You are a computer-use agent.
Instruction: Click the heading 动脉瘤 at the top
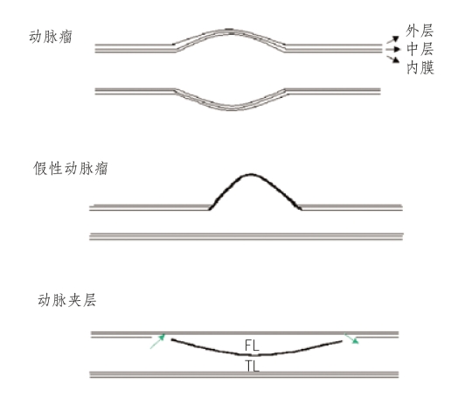click(x=51, y=37)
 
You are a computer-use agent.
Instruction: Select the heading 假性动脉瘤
click(x=71, y=168)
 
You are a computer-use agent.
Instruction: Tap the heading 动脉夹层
click(x=67, y=300)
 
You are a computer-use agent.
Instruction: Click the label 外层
click(x=420, y=31)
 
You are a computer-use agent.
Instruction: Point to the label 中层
click(x=420, y=49)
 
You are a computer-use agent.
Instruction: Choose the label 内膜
click(x=420, y=67)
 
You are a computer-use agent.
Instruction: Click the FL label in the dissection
click(x=252, y=346)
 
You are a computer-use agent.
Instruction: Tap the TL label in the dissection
click(x=253, y=367)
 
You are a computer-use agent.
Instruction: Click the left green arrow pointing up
click(x=157, y=341)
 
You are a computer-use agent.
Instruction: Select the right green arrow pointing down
click(x=351, y=339)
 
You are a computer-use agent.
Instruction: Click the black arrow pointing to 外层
click(x=392, y=39)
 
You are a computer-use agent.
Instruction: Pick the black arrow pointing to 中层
click(x=393, y=49)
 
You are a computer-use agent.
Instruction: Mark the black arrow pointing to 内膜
click(x=392, y=59)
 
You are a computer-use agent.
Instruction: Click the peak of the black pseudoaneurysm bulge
click(x=251, y=174)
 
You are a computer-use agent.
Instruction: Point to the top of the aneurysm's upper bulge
click(x=230, y=29)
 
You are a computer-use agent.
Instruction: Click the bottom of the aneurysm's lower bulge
click(x=232, y=110)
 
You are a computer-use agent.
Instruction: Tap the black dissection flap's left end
click(x=172, y=339)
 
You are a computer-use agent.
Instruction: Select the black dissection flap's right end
click(x=341, y=341)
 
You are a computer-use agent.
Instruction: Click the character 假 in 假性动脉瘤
click(x=40, y=168)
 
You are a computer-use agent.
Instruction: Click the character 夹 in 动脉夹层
click(x=74, y=300)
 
